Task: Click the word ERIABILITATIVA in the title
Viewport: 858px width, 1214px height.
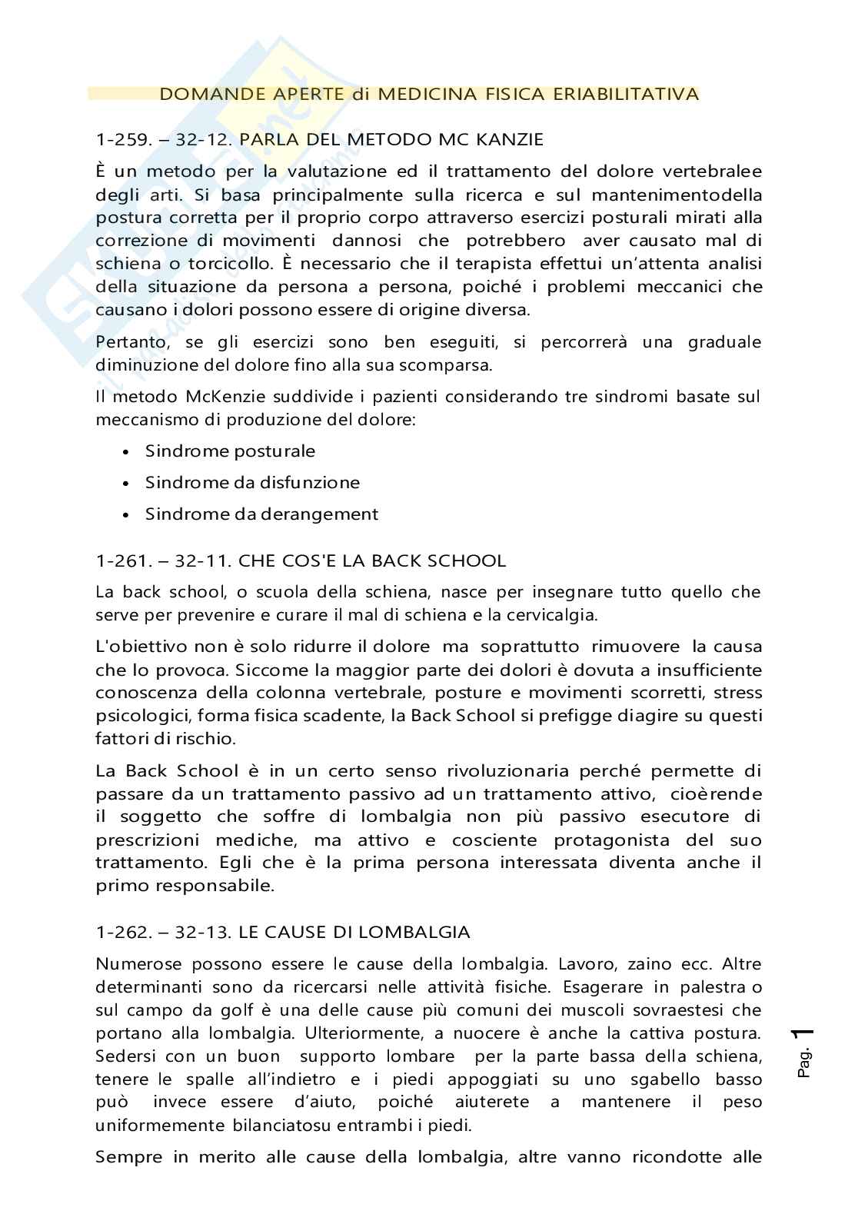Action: pyautogui.click(x=636, y=95)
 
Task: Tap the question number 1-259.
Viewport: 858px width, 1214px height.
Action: pyautogui.click(x=123, y=140)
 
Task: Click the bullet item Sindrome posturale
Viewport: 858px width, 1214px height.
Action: pyautogui.click(x=230, y=451)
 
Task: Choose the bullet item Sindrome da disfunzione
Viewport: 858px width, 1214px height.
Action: pyautogui.click(x=252, y=483)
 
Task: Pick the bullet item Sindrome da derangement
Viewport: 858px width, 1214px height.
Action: pyautogui.click(x=261, y=514)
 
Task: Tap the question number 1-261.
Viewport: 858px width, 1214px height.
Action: pyautogui.click(x=123, y=561)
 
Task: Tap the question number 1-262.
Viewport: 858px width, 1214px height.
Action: pyautogui.click(x=123, y=933)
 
